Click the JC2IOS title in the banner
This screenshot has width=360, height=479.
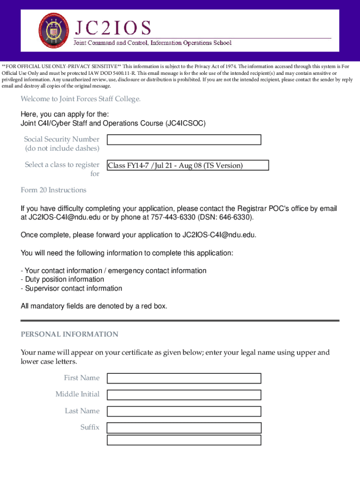(111, 28)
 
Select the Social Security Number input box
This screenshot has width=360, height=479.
(184, 140)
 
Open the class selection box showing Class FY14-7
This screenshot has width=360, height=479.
(187, 165)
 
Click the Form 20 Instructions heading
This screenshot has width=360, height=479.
(53, 190)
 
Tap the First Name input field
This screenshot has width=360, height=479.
(184, 378)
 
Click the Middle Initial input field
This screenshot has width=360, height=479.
(184, 395)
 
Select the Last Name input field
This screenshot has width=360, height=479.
(184, 411)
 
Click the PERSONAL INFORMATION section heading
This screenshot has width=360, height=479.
(70, 334)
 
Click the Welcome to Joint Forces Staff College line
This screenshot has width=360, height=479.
(80, 99)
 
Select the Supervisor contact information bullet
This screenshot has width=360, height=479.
(72, 288)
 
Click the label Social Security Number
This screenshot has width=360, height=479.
(62, 139)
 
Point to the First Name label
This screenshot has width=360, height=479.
(82, 377)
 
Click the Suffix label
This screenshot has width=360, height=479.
(90, 427)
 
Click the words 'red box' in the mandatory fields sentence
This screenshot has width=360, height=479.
(152, 306)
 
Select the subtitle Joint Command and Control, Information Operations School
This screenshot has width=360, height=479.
(151, 43)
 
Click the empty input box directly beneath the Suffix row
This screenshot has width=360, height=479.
(184, 440)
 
